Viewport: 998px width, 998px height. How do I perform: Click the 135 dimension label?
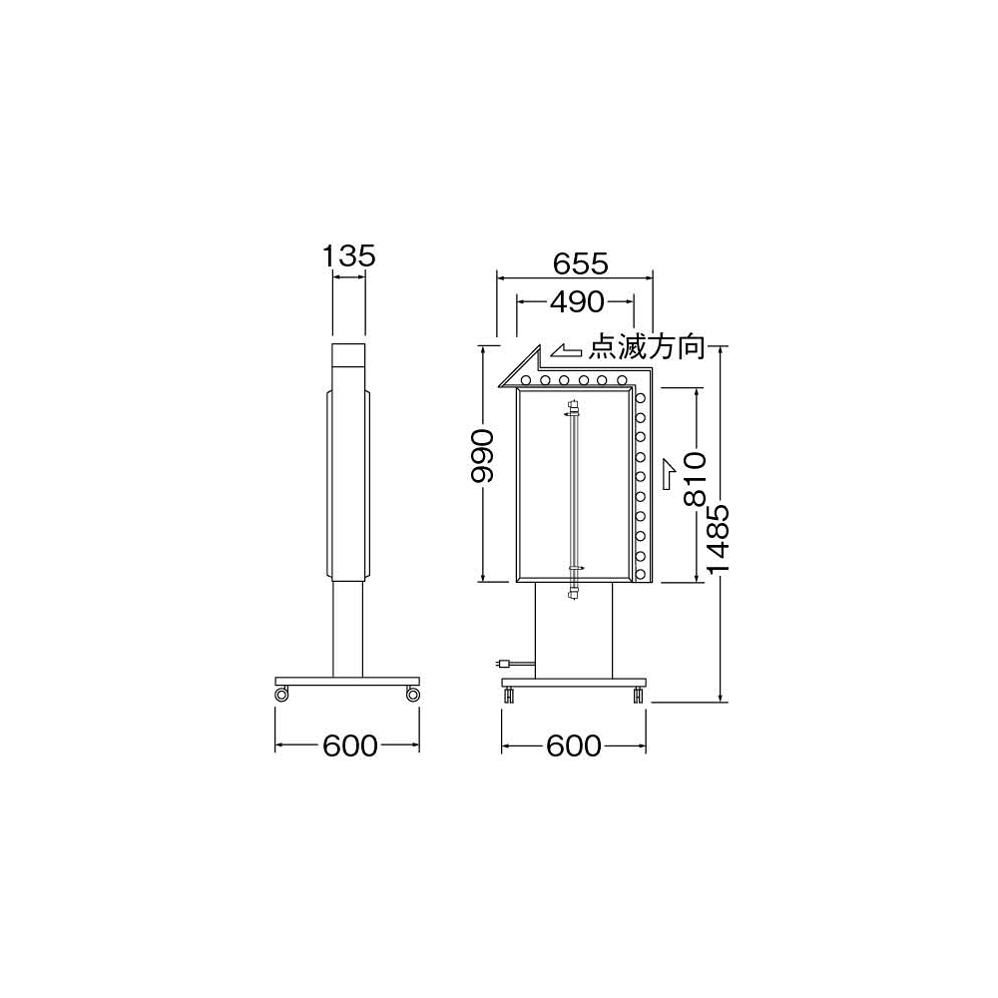[x=348, y=255]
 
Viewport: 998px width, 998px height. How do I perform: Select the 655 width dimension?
[x=581, y=262]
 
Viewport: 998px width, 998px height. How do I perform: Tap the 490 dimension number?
[x=577, y=301]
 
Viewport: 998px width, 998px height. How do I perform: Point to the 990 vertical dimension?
[x=482, y=456]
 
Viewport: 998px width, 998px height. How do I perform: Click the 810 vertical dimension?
[x=695, y=479]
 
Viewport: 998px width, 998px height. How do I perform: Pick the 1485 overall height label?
[x=718, y=539]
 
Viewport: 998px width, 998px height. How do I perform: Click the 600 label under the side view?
[x=350, y=746]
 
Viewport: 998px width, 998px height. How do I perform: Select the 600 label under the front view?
[x=574, y=746]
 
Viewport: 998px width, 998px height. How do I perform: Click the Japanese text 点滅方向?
[x=646, y=347]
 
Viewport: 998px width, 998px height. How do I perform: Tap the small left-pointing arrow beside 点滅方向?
[x=566, y=350]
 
